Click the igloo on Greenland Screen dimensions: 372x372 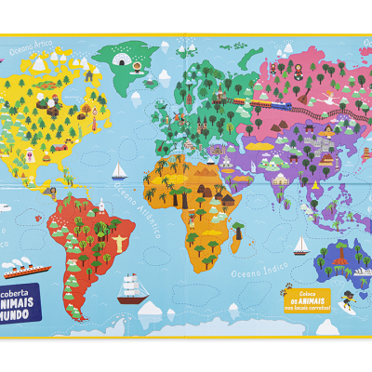pos(122,60)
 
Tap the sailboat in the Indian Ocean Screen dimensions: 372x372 pos(301,246)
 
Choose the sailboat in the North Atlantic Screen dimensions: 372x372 pos(119,172)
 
